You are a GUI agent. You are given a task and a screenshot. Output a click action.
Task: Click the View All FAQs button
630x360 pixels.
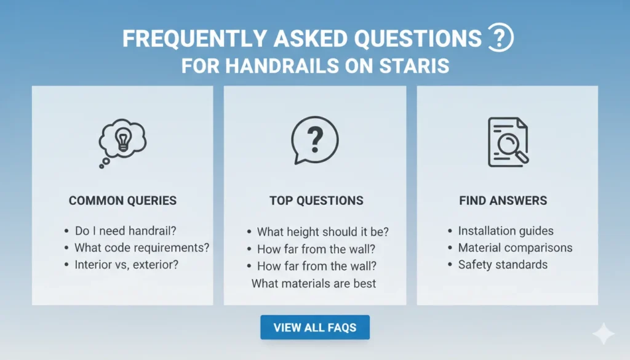(x=314, y=327)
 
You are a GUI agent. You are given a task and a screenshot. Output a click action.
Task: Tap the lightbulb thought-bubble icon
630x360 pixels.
(x=122, y=140)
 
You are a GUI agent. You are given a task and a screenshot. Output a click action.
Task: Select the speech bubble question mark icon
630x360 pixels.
(x=314, y=140)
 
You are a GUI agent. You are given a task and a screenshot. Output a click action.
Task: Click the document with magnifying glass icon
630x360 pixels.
(x=507, y=142)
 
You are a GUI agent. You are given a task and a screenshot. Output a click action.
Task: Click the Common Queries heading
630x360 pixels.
(x=122, y=201)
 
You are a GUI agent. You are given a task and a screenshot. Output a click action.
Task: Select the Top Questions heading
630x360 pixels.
(x=316, y=201)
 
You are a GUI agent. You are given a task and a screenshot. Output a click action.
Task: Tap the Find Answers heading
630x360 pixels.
(x=503, y=201)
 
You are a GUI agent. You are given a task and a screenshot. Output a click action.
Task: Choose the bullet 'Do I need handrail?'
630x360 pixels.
(x=125, y=231)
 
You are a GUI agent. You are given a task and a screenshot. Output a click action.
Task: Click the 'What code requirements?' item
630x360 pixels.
(x=142, y=248)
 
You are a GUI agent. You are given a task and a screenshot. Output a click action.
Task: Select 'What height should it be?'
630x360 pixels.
(x=323, y=233)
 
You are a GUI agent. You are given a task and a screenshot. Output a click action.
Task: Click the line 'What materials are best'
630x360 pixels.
(x=314, y=284)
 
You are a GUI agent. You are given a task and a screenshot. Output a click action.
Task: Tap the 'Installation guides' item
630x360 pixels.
(x=505, y=231)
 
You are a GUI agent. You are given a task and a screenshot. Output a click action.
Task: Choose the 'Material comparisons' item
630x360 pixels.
(x=515, y=248)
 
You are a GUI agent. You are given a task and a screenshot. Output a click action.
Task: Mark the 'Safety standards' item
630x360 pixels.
(x=502, y=265)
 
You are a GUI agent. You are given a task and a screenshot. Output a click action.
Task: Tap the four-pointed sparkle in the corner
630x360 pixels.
(x=603, y=334)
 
